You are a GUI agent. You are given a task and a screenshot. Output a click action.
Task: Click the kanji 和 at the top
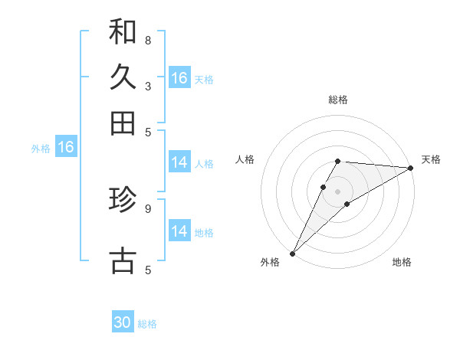[x=123, y=31]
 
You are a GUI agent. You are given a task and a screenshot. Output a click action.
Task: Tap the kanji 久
[x=123, y=77]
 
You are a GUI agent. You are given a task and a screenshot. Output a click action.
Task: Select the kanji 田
[x=123, y=123]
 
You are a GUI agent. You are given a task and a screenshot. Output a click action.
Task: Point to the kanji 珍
[x=123, y=200]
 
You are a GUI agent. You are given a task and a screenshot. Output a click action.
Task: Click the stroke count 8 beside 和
[x=148, y=40]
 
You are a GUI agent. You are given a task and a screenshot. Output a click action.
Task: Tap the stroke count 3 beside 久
[x=148, y=87]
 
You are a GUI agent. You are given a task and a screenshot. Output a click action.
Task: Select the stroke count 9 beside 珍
[x=148, y=208]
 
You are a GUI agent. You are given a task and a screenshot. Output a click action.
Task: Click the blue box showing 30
[x=123, y=323]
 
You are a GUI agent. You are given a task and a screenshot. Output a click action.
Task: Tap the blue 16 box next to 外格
[x=66, y=148]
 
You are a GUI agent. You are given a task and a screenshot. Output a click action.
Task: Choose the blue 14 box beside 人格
[x=179, y=162]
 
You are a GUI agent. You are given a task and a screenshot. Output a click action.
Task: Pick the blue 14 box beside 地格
[x=179, y=231]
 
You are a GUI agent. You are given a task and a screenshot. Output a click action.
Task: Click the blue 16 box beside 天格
[x=179, y=78]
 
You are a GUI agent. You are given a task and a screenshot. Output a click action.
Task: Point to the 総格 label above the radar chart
[x=338, y=100]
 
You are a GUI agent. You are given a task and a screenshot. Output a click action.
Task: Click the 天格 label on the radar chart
[x=431, y=159]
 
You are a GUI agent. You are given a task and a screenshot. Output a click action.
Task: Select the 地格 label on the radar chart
[x=402, y=263]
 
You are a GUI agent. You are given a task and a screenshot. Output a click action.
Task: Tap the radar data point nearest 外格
[x=292, y=254]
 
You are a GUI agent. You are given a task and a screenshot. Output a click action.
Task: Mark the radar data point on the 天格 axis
[x=411, y=168]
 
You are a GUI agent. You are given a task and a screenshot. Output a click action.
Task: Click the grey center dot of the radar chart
[x=338, y=191]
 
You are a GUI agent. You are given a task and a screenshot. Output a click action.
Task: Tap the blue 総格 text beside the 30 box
[x=147, y=324]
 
